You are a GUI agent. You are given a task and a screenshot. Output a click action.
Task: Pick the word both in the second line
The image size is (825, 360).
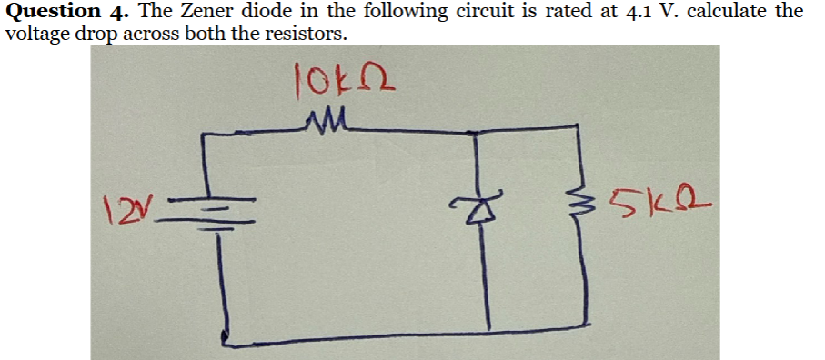tap(203, 35)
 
